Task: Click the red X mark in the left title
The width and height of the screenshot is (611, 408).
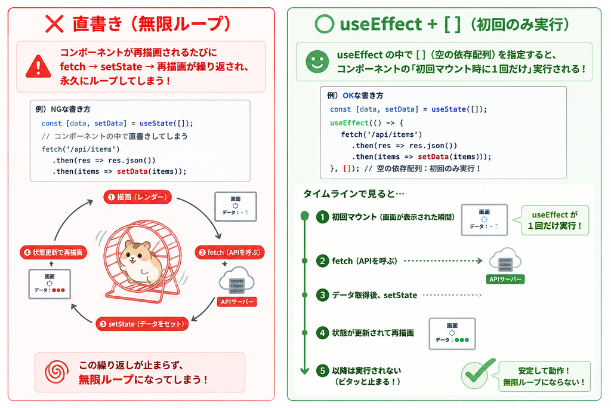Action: pos(54,24)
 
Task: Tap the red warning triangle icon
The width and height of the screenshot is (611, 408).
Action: pos(38,67)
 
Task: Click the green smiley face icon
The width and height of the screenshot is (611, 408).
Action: pos(317,62)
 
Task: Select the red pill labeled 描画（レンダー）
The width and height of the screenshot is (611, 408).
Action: pos(138,197)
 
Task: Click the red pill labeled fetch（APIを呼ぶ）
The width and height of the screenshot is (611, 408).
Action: pos(230,252)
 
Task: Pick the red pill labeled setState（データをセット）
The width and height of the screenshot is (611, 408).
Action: pos(142,324)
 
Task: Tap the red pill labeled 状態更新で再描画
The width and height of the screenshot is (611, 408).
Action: pos(53,252)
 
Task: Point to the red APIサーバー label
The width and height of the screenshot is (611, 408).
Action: pos(237,302)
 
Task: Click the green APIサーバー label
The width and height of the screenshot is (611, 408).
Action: pos(505,280)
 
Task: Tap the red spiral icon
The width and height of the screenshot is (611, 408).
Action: pos(57,372)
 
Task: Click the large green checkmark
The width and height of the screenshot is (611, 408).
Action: pos(478,373)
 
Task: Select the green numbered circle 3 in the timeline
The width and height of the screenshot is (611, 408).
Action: pos(322,295)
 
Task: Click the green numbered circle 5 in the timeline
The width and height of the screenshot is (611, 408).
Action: pos(322,370)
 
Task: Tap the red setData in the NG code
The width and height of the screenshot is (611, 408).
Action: pos(132,171)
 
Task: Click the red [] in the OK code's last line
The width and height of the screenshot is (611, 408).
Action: pos(347,168)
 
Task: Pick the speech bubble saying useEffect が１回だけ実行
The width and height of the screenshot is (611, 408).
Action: pos(555,220)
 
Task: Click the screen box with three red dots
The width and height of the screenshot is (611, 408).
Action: pos(50,284)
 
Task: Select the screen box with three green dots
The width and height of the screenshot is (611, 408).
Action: pos(452,333)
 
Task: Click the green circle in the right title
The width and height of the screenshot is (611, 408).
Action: pos(324,24)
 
